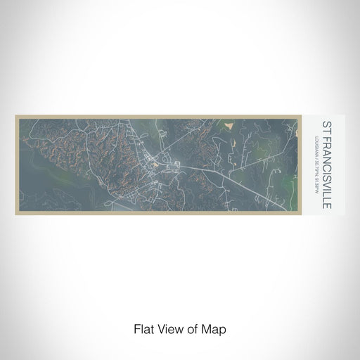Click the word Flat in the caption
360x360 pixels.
click(143, 328)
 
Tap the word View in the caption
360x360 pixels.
click(167, 328)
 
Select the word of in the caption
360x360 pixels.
click(188, 328)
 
